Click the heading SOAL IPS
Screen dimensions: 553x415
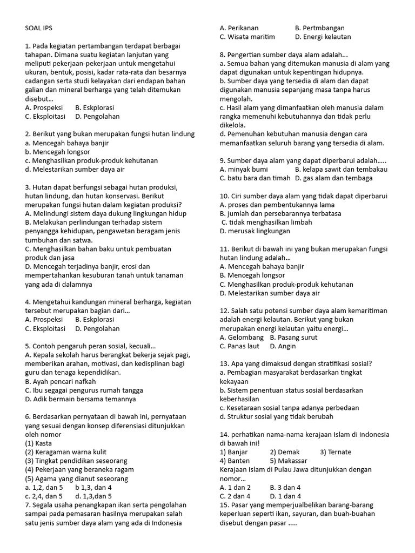tap(39, 28)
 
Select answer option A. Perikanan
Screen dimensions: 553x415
tap(239, 28)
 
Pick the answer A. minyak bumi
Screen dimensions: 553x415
tap(244, 170)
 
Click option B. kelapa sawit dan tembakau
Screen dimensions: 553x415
tap(341, 170)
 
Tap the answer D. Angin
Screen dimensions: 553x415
tap(283, 346)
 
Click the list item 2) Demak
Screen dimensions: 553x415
tap(285, 452)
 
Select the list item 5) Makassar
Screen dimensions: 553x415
tap(289, 461)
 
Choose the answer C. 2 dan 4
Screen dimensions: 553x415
tap(235, 496)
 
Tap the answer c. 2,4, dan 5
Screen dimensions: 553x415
tap(44, 496)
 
